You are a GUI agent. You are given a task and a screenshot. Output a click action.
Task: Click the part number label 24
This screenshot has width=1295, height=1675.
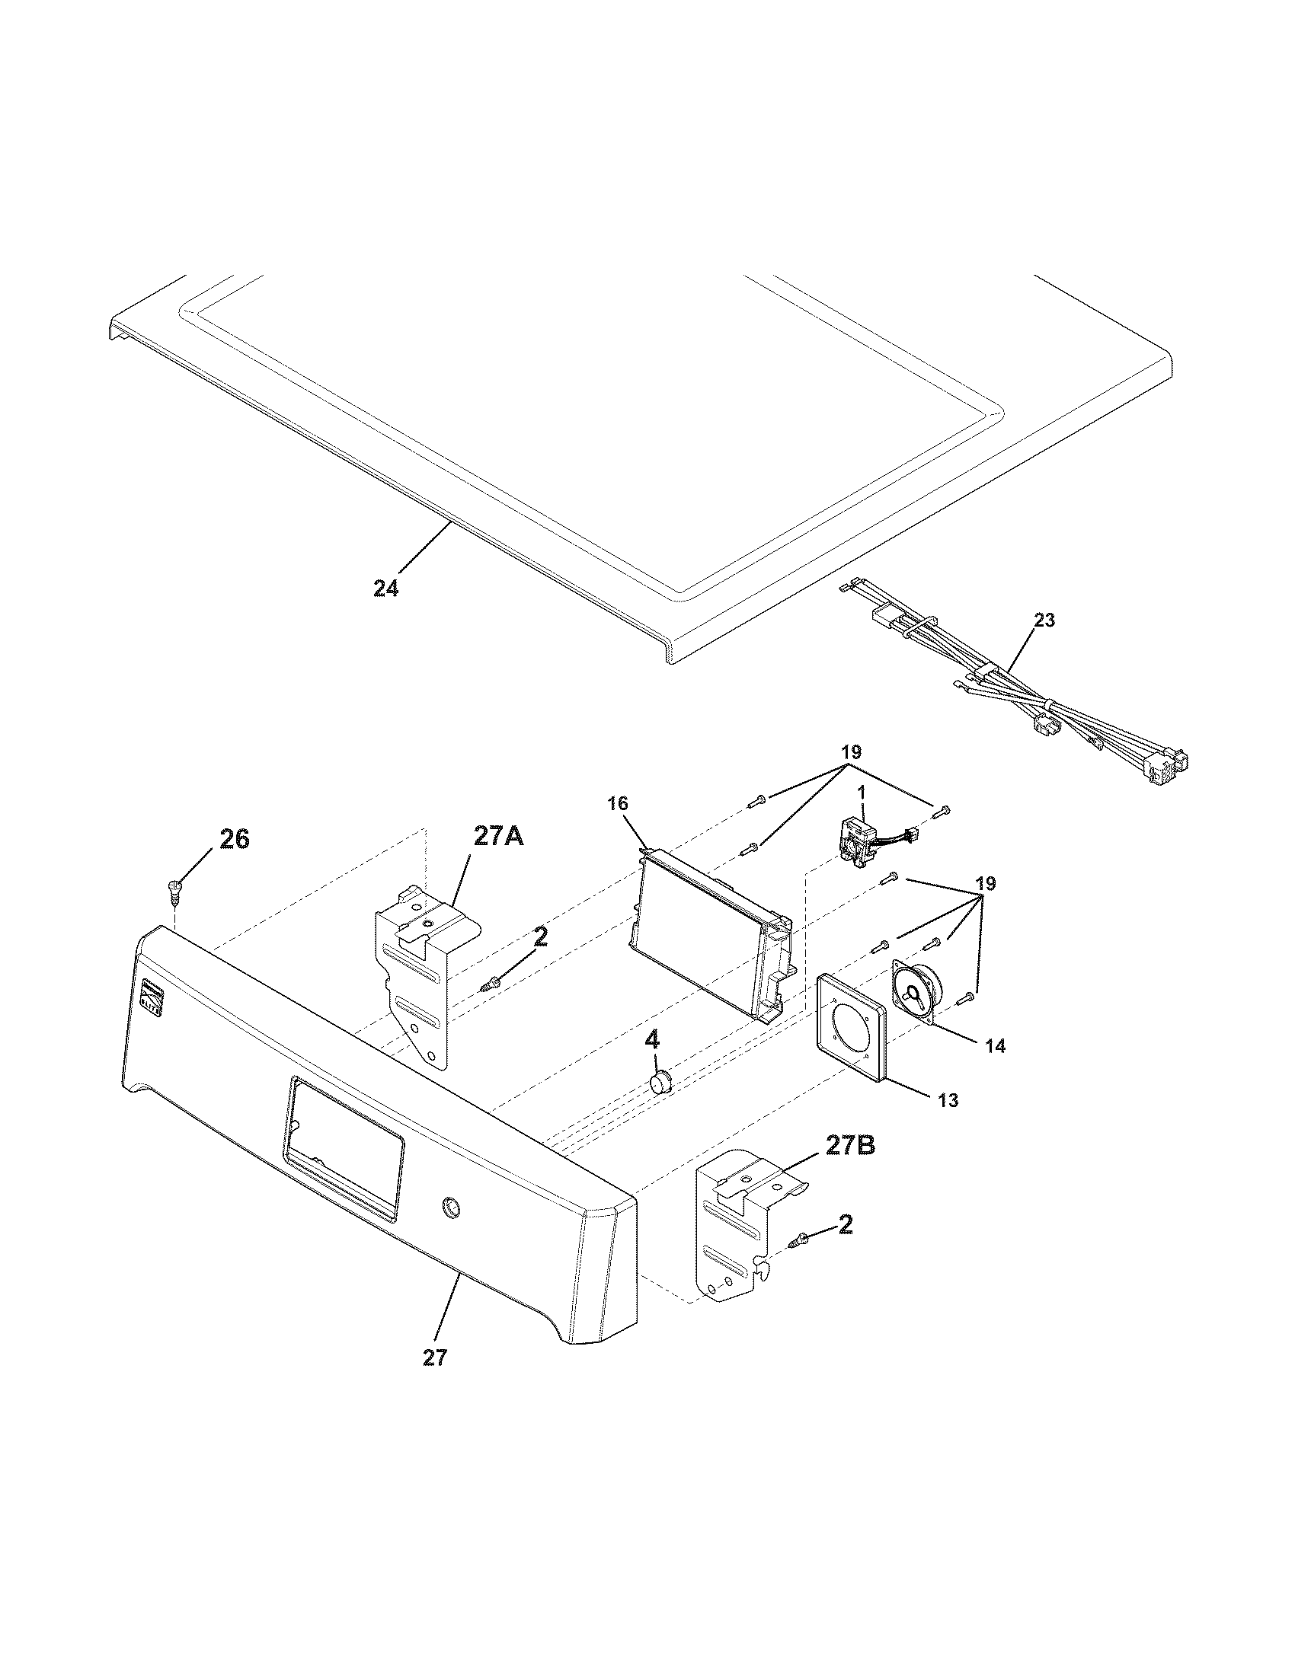click(386, 589)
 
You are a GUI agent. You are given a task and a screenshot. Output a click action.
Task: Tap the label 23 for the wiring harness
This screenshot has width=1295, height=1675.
click(1044, 620)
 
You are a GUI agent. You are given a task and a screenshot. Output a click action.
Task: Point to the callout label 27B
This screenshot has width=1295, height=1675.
click(850, 1167)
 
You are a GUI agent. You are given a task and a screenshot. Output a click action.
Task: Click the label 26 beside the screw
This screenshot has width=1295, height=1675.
click(234, 840)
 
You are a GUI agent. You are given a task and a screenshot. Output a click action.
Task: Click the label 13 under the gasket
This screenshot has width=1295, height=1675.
click(948, 1100)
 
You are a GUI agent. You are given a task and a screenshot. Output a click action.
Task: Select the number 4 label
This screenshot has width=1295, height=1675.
click(651, 1041)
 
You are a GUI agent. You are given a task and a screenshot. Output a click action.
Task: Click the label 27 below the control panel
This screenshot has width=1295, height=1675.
click(434, 1358)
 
